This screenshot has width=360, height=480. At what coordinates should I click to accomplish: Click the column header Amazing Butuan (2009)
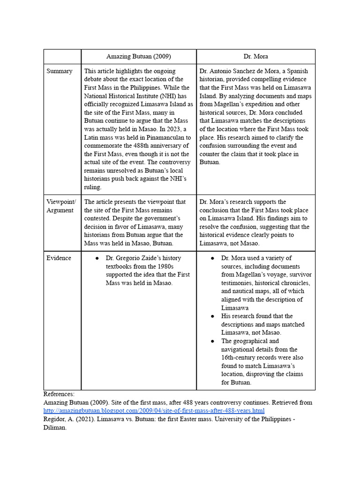click(x=138, y=56)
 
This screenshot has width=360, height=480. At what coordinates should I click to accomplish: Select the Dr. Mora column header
click(x=255, y=56)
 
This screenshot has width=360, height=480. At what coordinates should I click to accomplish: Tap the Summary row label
click(x=60, y=71)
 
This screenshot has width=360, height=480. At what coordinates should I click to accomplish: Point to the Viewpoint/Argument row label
click(x=60, y=206)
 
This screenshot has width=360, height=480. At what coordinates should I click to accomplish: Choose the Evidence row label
click(x=59, y=258)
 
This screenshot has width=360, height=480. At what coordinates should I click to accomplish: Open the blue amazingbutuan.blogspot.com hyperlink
click(x=154, y=411)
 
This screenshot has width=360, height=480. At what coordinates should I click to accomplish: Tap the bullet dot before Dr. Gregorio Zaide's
click(x=97, y=258)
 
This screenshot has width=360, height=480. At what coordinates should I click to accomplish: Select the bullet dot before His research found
click(x=212, y=316)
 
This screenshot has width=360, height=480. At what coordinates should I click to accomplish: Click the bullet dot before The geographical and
click(x=212, y=341)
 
